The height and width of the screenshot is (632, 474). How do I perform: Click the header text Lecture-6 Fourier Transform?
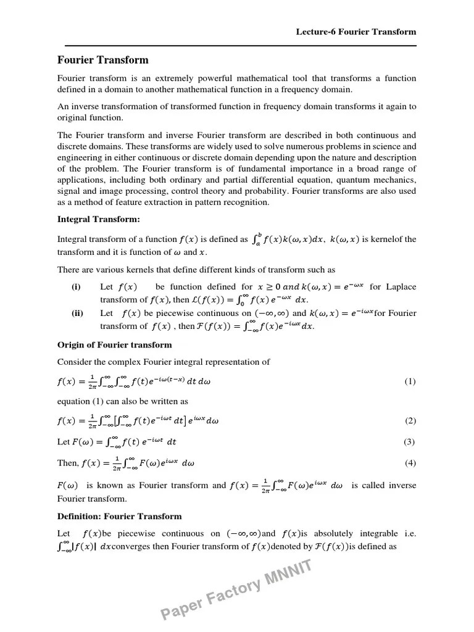click(356, 31)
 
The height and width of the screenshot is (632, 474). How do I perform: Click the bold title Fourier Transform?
click(103, 60)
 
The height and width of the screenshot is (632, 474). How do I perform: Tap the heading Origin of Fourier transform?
click(114, 344)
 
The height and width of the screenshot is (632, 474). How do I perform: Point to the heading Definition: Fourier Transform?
click(119, 516)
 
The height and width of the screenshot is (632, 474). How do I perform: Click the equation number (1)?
click(410, 381)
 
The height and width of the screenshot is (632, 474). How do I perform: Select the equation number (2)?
click(410, 421)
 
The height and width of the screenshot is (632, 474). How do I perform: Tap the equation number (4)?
click(410, 462)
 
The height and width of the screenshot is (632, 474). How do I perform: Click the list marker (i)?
click(76, 287)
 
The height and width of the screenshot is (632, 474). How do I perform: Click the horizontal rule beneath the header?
click(237, 46)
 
